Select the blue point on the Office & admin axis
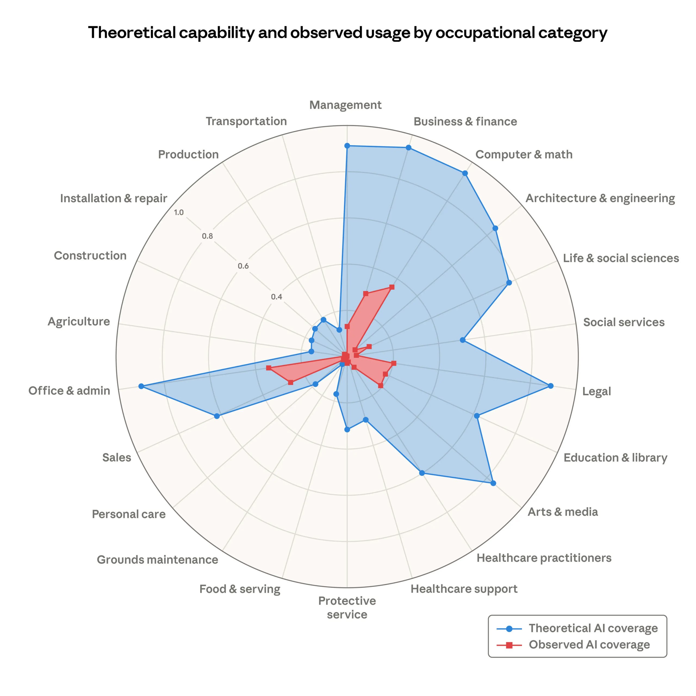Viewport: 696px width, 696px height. tap(141, 386)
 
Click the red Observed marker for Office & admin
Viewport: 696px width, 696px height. tap(268, 368)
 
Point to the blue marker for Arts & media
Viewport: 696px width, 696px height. tap(493, 483)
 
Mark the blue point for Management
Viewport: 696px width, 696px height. tap(347, 145)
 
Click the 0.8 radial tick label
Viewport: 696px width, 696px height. tap(207, 236)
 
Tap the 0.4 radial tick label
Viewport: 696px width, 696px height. tap(276, 297)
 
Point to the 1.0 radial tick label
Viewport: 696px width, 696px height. tap(179, 213)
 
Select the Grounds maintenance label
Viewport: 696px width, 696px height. tap(157, 560)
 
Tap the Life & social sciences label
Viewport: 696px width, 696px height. tap(621, 258)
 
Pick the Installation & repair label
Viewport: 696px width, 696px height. tap(113, 198)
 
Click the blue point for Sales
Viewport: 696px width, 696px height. tap(216, 416)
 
